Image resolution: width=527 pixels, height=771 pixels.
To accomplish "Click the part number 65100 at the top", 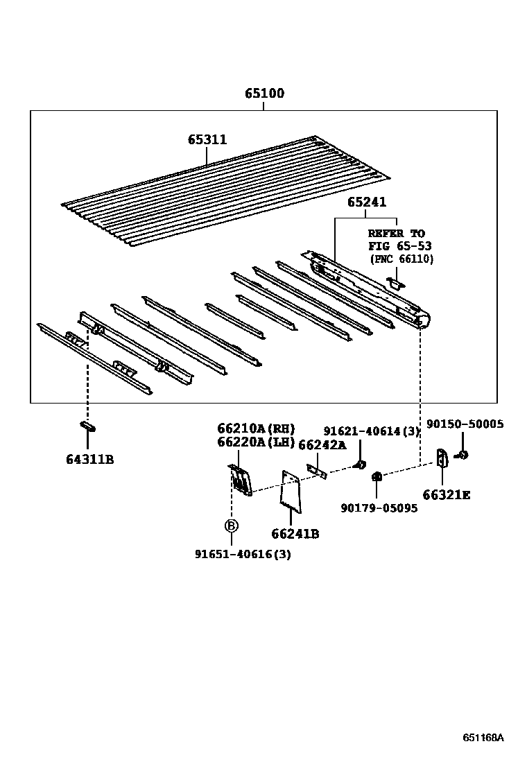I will pos(264,94).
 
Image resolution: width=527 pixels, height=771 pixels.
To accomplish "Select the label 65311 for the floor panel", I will pos(207,139).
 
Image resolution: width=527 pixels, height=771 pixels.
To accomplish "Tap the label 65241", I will pos(367,202).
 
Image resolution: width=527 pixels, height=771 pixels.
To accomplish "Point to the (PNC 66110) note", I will pos(401,259).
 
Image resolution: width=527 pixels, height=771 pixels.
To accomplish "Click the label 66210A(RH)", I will pos(256,428).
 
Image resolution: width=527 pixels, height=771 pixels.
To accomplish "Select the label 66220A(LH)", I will pos(256,442).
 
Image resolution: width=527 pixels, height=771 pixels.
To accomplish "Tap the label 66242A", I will pos(322,445).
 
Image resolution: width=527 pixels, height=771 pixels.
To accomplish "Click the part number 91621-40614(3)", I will pos(372,431).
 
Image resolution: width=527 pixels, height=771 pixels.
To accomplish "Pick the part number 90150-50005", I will pos(465,424).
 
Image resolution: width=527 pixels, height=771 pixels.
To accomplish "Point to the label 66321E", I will pos(446,495).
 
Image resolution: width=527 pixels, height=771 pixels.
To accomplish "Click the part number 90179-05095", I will pos(379,508).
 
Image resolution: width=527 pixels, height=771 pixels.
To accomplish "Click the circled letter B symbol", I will pos(231,526).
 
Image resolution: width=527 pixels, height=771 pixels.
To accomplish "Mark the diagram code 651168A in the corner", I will pos(483,737).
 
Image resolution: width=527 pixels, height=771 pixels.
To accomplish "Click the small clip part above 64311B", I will pos(87,426).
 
